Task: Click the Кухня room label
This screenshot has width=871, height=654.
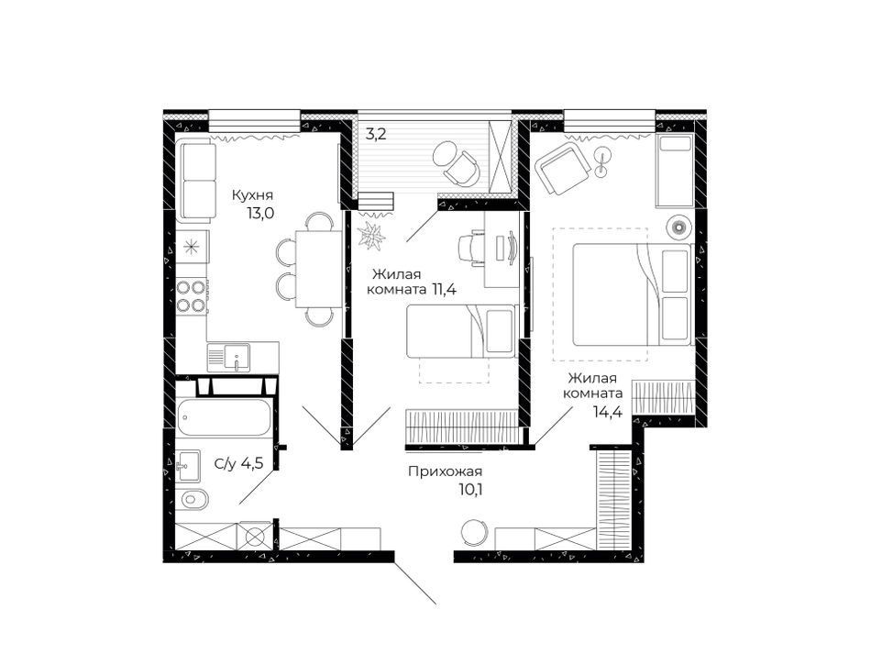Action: coord(252,195)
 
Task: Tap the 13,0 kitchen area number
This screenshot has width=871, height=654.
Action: coord(261,214)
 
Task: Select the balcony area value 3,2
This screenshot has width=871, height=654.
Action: coord(376,135)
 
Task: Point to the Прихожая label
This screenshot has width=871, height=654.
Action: coord(445,471)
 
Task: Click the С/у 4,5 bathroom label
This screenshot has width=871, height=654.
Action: coord(238,464)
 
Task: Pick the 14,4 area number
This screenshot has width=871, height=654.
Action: coord(607,412)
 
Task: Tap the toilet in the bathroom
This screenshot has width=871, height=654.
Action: coord(191,500)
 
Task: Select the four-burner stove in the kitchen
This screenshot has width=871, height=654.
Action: coord(192,296)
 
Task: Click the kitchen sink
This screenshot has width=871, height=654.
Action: coord(229,357)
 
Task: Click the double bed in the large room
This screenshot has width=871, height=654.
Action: coord(632,294)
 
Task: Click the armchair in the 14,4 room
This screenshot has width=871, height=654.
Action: coord(562,167)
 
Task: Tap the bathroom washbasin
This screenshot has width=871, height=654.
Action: coord(187,465)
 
